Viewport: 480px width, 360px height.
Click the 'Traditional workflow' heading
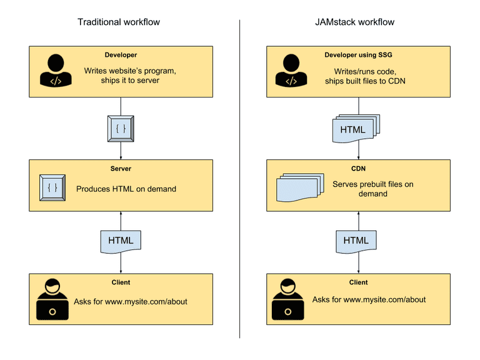coord(119,22)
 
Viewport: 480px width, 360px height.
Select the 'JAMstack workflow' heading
coord(355,22)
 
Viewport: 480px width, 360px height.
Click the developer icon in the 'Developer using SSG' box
coord(291,70)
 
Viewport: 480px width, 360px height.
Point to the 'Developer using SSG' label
coord(358,55)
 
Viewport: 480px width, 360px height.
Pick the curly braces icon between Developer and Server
coord(121,128)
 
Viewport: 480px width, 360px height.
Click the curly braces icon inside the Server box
coord(52,187)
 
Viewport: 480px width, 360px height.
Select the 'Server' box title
coord(121,169)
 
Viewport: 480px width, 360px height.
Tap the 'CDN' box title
coord(358,169)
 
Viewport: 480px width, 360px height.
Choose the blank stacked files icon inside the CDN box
coord(297,187)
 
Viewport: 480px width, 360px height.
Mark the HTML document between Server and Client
coord(121,241)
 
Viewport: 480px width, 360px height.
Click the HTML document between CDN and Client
coord(356,241)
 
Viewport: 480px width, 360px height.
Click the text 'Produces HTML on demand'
coord(126,189)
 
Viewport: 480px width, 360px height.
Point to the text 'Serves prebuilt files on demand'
coord(372,189)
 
